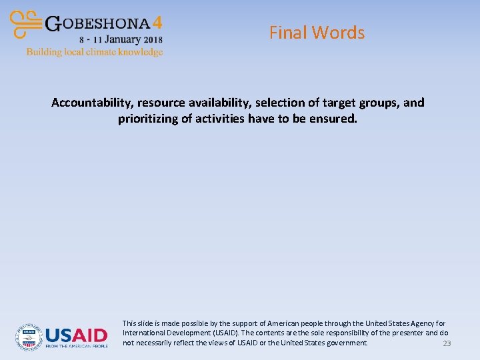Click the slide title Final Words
click(x=317, y=33)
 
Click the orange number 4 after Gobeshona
click(x=157, y=23)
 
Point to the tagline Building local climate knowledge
click(x=95, y=51)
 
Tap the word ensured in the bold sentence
click(x=333, y=119)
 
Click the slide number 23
click(x=447, y=343)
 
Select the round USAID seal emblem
click(x=29, y=337)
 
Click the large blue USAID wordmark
click(x=77, y=335)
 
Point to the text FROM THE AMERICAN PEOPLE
click(x=77, y=347)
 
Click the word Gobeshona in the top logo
click(x=98, y=23)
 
